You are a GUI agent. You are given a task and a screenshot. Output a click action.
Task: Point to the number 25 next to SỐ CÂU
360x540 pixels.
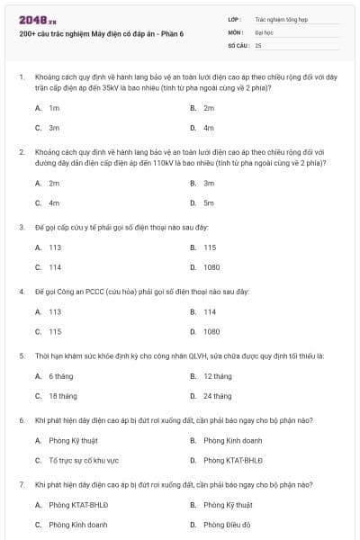[x=258, y=44]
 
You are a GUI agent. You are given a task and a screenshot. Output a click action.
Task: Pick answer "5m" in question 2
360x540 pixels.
[x=208, y=202]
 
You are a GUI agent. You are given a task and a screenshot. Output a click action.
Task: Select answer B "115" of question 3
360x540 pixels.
[x=209, y=247]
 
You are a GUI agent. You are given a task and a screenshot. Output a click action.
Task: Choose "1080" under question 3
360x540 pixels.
[x=211, y=267]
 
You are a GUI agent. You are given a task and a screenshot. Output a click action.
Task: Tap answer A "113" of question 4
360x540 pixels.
[x=55, y=311]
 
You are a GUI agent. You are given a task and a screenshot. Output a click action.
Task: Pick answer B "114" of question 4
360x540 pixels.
[x=209, y=311]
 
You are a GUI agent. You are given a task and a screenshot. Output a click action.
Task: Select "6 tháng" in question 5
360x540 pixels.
[x=60, y=376]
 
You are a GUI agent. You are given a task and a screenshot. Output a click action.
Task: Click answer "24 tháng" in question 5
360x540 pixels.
[x=217, y=396]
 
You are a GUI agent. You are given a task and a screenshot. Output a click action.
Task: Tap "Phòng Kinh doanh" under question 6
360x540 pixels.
[x=232, y=440]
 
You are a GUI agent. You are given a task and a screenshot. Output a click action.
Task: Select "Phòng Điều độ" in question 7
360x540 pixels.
[x=227, y=525]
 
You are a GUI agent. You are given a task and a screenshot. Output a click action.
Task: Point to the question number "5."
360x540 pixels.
[x=21, y=355]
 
